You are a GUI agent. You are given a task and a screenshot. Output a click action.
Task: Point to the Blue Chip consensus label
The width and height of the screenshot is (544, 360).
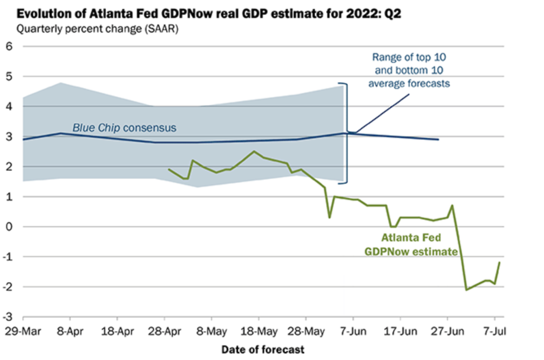click(124, 128)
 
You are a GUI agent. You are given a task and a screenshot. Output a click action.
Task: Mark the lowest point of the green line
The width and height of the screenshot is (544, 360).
click(466, 290)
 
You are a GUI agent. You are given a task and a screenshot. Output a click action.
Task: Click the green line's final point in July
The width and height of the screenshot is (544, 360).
click(499, 262)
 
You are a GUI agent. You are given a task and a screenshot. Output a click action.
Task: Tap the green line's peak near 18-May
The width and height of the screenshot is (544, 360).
click(254, 151)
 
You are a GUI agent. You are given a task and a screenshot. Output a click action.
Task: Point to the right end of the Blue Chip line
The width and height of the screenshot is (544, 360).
click(438, 139)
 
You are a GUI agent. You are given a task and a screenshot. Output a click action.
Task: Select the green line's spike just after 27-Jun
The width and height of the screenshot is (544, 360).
click(452, 205)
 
